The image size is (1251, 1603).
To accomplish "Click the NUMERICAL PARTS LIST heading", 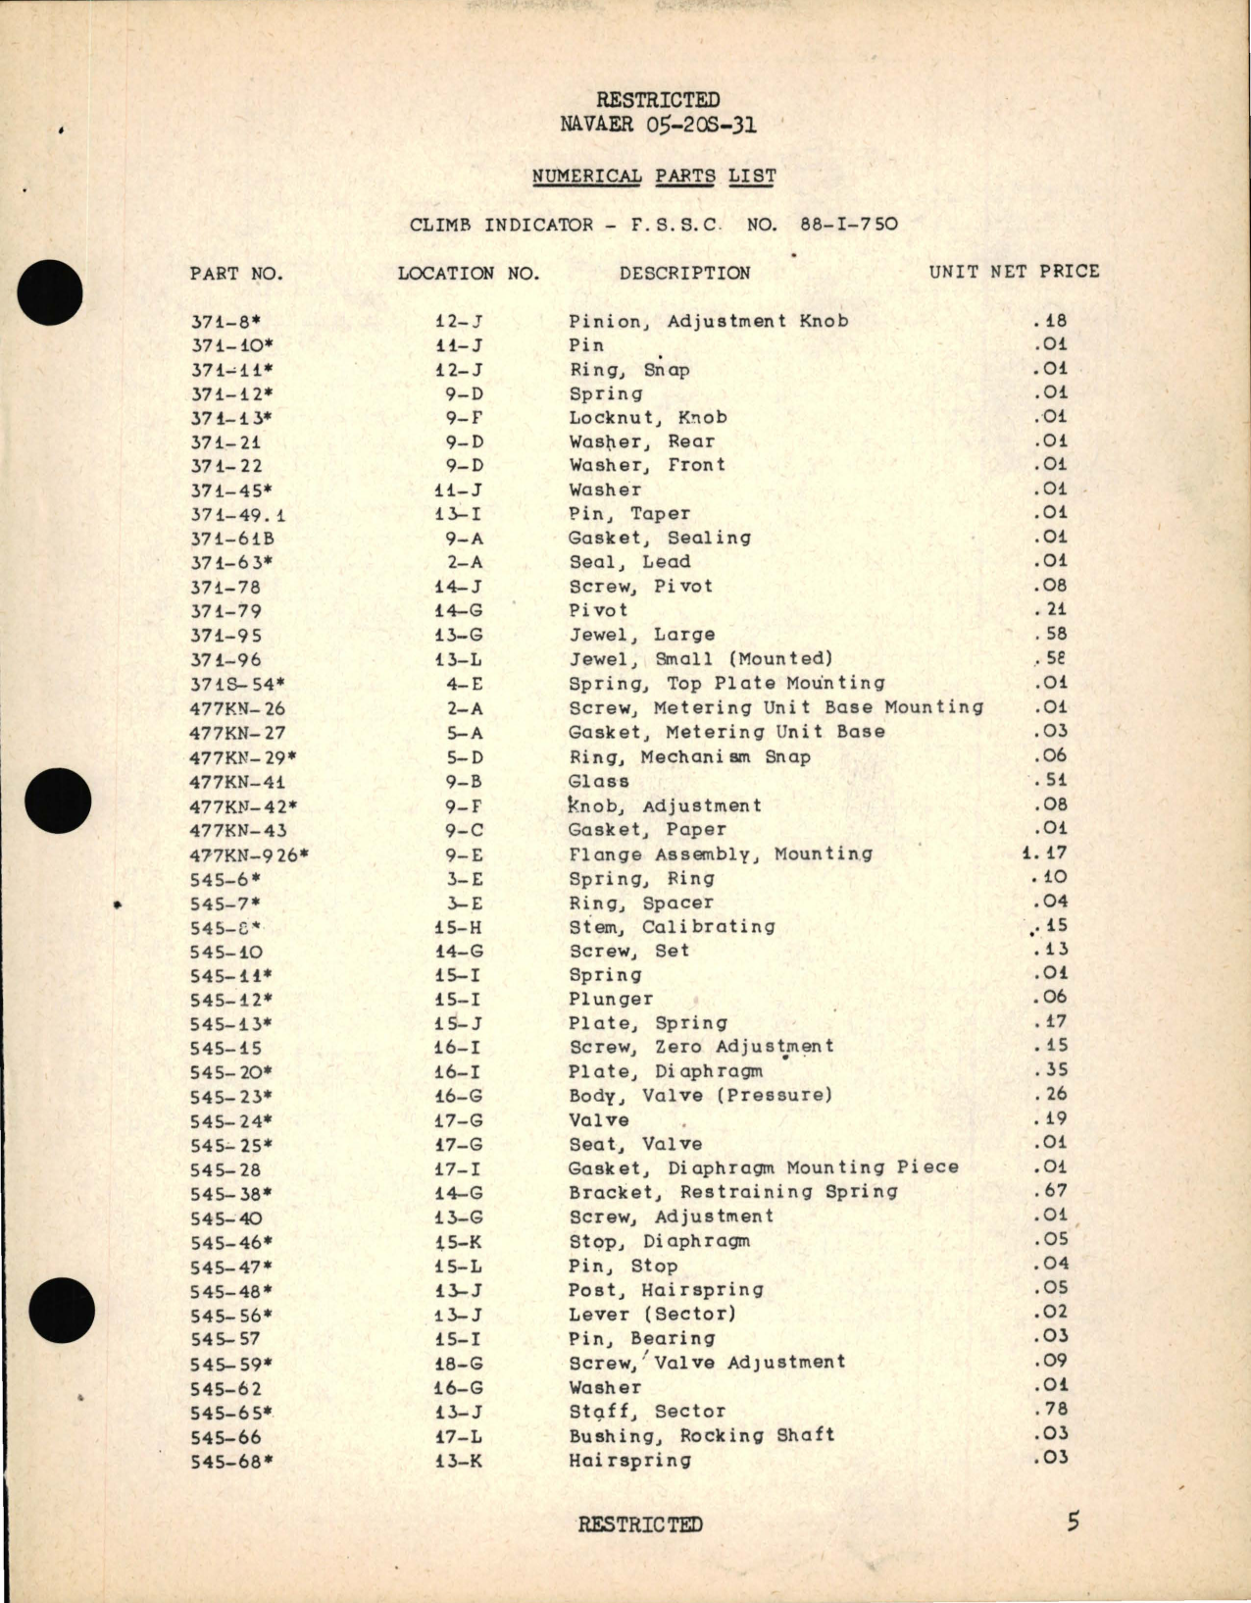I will tap(654, 177).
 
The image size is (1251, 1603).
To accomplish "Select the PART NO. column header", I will tap(236, 274).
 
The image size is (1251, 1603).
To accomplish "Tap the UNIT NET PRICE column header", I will tap(1014, 272).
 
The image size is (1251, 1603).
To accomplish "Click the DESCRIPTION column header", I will tap(684, 273).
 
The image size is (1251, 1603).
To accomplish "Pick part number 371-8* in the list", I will tap(225, 321).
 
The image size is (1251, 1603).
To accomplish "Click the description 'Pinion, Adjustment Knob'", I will tap(708, 321).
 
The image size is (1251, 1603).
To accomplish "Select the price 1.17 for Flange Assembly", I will tap(1044, 853).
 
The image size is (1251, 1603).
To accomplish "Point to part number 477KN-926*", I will tap(249, 855).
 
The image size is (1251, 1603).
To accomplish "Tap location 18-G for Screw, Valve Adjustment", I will tap(459, 1364).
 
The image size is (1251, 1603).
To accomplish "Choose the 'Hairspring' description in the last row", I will tap(629, 1460).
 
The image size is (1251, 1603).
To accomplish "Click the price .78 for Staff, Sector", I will tap(1050, 1410).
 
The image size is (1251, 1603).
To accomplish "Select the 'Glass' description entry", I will tap(598, 782).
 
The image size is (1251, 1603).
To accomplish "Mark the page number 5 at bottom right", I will tap(1074, 1523).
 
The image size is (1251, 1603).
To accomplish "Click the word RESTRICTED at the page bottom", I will tap(640, 1525).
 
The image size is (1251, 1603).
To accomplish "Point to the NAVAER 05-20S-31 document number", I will tap(658, 125).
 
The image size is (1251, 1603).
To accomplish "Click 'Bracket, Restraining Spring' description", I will tap(732, 1192).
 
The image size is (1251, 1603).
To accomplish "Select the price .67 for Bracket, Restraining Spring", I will tap(1050, 1191).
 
